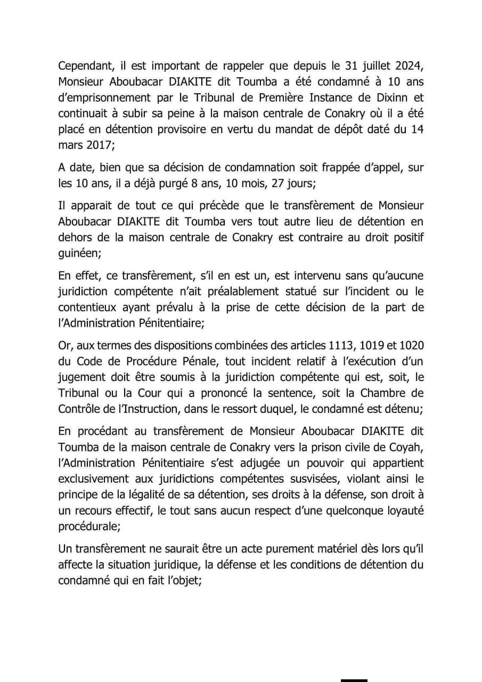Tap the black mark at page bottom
pos(354,679)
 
